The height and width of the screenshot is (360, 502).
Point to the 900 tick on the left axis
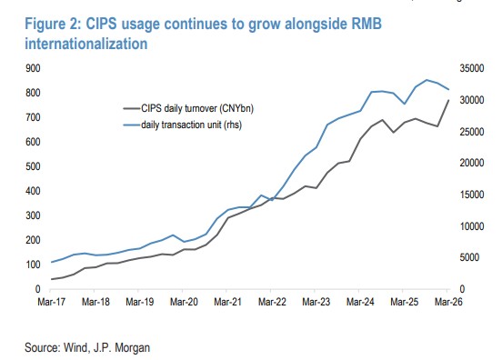pyautogui.click(x=33, y=68)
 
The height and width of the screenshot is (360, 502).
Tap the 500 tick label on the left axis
pyautogui.click(x=33, y=166)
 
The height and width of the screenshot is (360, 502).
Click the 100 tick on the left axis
pyautogui.click(x=33, y=265)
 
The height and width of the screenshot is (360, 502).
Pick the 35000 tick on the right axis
pyautogui.click(x=472, y=68)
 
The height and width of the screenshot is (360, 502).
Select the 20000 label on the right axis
pyautogui.click(x=472, y=163)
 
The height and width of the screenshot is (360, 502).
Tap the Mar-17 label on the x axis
pyautogui.click(x=52, y=302)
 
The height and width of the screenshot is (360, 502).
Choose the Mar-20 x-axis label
pyautogui.click(x=184, y=302)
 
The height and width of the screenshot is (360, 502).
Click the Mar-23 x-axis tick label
pyautogui.click(x=316, y=302)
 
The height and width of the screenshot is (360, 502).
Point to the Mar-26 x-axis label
pyautogui.click(x=448, y=302)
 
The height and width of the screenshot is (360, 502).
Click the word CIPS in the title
pyautogui.click(x=102, y=24)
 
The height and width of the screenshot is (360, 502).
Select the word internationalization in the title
pyautogui.click(x=86, y=44)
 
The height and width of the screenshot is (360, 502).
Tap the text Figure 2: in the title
pyautogui.click(x=53, y=25)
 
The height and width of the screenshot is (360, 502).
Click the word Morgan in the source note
pyautogui.click(x=132, y=347)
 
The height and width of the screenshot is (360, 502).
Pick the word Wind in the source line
pyautogui.click(x=75, y=347)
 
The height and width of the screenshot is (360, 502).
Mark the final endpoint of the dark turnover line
pyautogui.click(x=448, y=100)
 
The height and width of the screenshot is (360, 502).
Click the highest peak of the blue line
pyautogui.click(x=427, y=80)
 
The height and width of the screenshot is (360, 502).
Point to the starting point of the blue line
pyautogui.click(x=51, y=262)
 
